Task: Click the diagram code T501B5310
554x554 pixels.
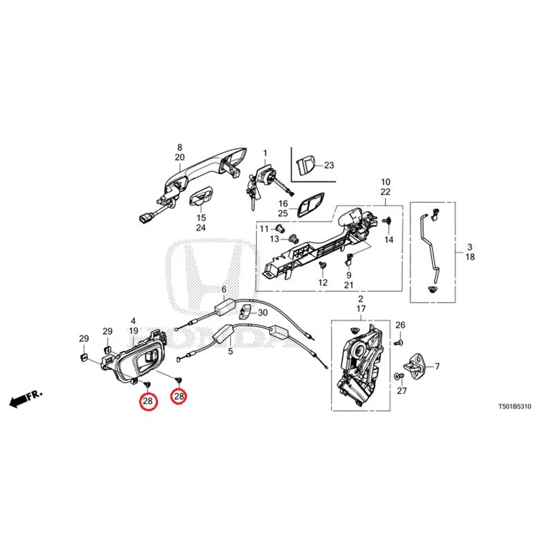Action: [x=515, y=406]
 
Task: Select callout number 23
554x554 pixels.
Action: [x=329, y=165]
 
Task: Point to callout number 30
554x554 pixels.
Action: [x=262, y=313]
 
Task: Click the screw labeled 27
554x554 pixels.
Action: [x=400, y=377]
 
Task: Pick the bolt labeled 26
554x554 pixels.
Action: [x=399, y=342]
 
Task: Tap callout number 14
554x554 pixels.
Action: [x=388, y=240]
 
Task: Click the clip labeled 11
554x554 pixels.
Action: [x=280, y=227]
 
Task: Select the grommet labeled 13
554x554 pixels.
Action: [x=293, y=239]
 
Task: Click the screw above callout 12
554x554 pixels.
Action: [x=322, y=265]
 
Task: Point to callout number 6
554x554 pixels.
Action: [x=224, y=289]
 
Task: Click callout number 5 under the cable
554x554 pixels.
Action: [x=231, y=352]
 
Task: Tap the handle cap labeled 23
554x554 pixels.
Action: [x=305, y=165]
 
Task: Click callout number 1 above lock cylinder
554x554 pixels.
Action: [x=265, y=153]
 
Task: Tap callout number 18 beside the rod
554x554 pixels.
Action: [x=470, y=257]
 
